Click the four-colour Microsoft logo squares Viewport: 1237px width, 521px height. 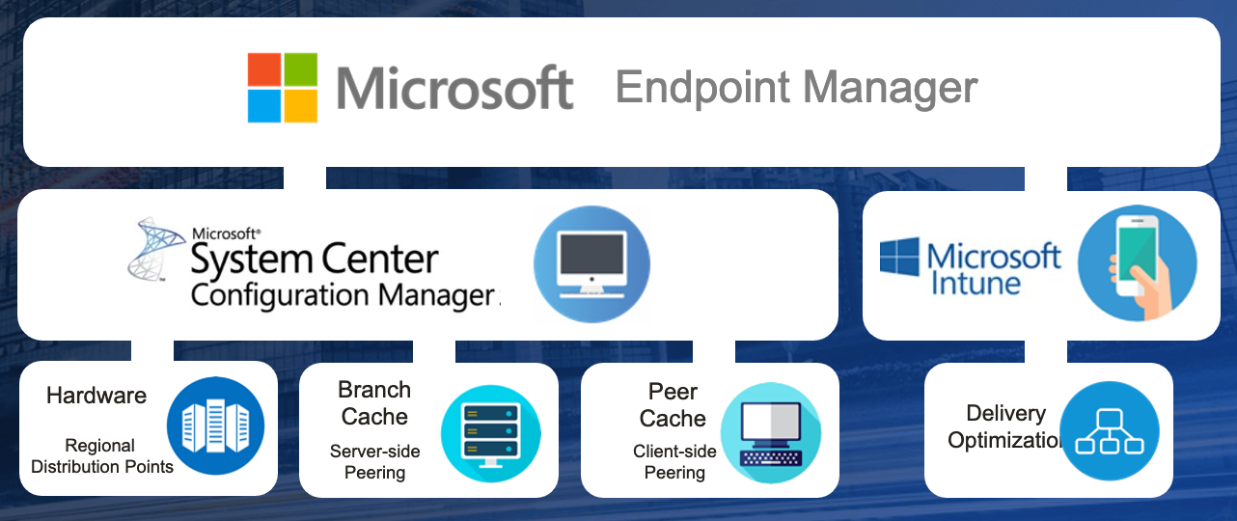pyautogui.click(x=283, y=88)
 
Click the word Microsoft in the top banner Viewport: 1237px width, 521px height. pyautogui.click(x=454, y=89)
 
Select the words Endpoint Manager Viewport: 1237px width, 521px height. pyautogui.click(x=796, y=88)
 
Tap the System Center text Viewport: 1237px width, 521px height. pyautogui.click(x=315, y=259)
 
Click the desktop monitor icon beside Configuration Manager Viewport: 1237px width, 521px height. pyautogui.click(x=591, y=263)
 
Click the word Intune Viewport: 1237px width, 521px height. pyautogui.click(x=975, y=283)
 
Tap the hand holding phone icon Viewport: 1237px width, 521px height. pyautogui.click(x=1137, y=262)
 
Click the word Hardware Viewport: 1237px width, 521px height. pyautogui.click(x=96, y=396)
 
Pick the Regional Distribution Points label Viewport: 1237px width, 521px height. pyautogui.click(x=101, y=456)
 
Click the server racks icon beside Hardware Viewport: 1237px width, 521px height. pyautogui.click(x=215, y=426)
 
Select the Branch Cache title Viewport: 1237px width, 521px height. pyautogui.click(x=374, y=403)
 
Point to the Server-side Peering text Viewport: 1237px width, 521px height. pyautogui.click(x=374, y=461)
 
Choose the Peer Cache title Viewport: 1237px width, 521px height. pyautogui.click(x=673, y=405)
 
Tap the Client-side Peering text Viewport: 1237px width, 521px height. pyautogui.click(x=674, y=462)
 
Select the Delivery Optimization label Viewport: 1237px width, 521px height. pyautogui.click(x=1005, y=426)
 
